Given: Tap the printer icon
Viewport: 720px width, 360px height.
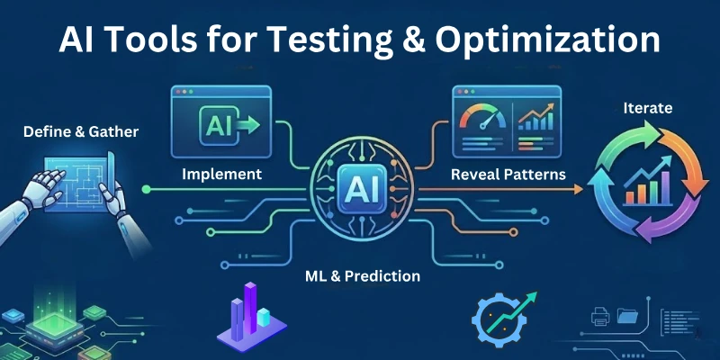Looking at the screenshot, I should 598,316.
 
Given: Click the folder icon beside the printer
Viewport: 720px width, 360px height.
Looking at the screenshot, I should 627,316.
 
